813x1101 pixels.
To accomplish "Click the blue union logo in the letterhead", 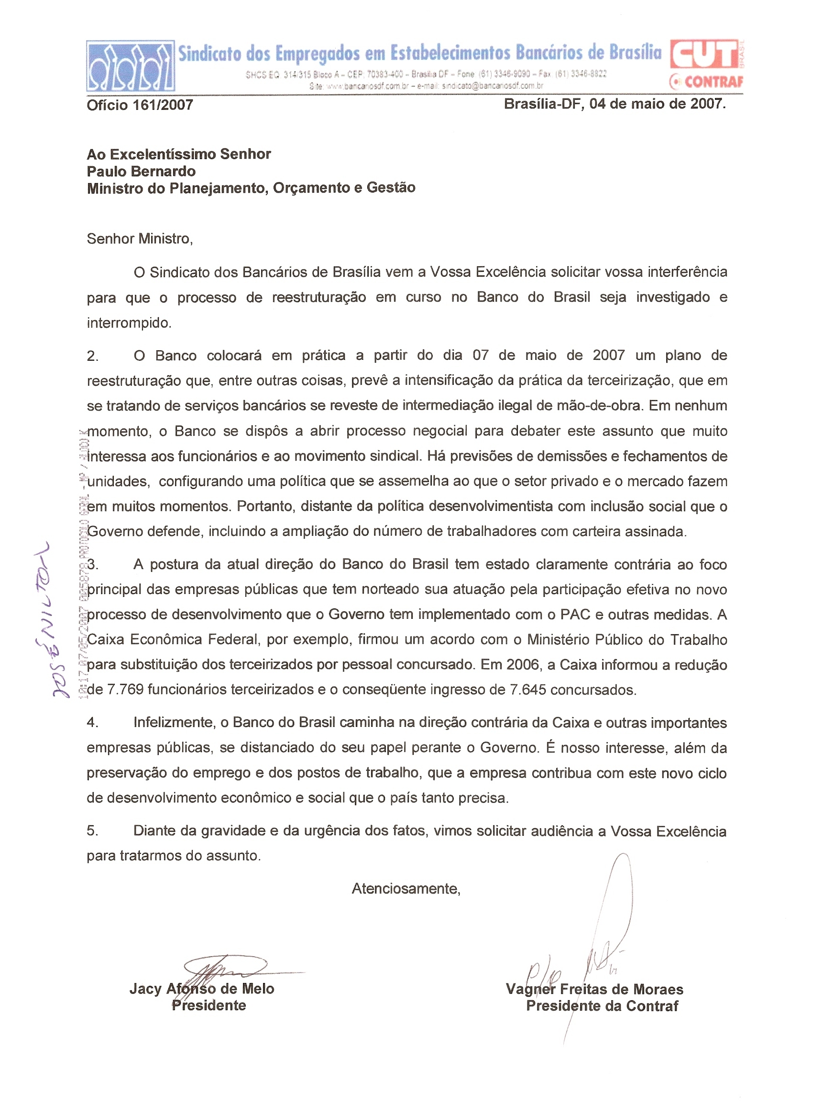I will click(131, 66).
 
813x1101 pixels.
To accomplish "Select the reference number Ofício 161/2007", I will click(140, 105).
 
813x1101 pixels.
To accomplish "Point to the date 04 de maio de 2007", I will click(657, 104).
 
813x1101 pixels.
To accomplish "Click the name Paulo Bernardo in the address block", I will click(141, 171).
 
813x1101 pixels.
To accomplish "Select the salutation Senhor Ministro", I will click(140, 238).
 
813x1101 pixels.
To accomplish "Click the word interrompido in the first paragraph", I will click(129, 323).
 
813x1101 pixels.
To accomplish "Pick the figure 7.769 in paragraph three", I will click(125, 690).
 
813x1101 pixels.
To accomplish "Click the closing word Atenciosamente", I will click(406, 888).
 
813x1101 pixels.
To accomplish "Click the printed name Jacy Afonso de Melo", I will click(202, 988).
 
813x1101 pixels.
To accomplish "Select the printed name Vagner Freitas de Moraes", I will click(594, 989).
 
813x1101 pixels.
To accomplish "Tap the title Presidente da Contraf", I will click(602, 1005).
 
